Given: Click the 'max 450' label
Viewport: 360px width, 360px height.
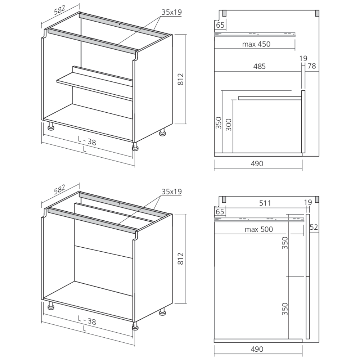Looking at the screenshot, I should pyautogui.click(x=256, y=44).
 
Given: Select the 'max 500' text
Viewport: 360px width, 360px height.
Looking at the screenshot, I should pyautogui.click(x=258, y=229).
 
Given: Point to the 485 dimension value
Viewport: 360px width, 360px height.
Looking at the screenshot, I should pyautogui.click(x=259, y=66).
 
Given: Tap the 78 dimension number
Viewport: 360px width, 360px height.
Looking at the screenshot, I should pyautogui.click(x=312, y=66).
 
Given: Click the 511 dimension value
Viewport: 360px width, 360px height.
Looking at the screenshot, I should pyautogui.click(x=265, y=203).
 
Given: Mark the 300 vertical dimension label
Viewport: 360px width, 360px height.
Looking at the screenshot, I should pyautogui.click(x=229, y=124).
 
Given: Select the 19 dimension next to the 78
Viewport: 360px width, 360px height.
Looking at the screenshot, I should pyautogui.click(x=303, y=59).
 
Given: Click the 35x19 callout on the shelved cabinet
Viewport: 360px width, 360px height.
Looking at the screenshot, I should pyautogui.click(x=171, y=12).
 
